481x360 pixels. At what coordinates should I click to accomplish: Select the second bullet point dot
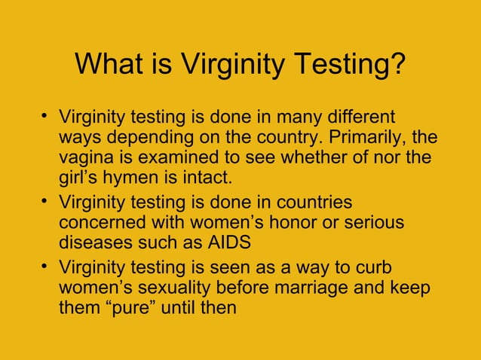point(46,201)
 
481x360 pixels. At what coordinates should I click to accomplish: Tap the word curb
point(378,267)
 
